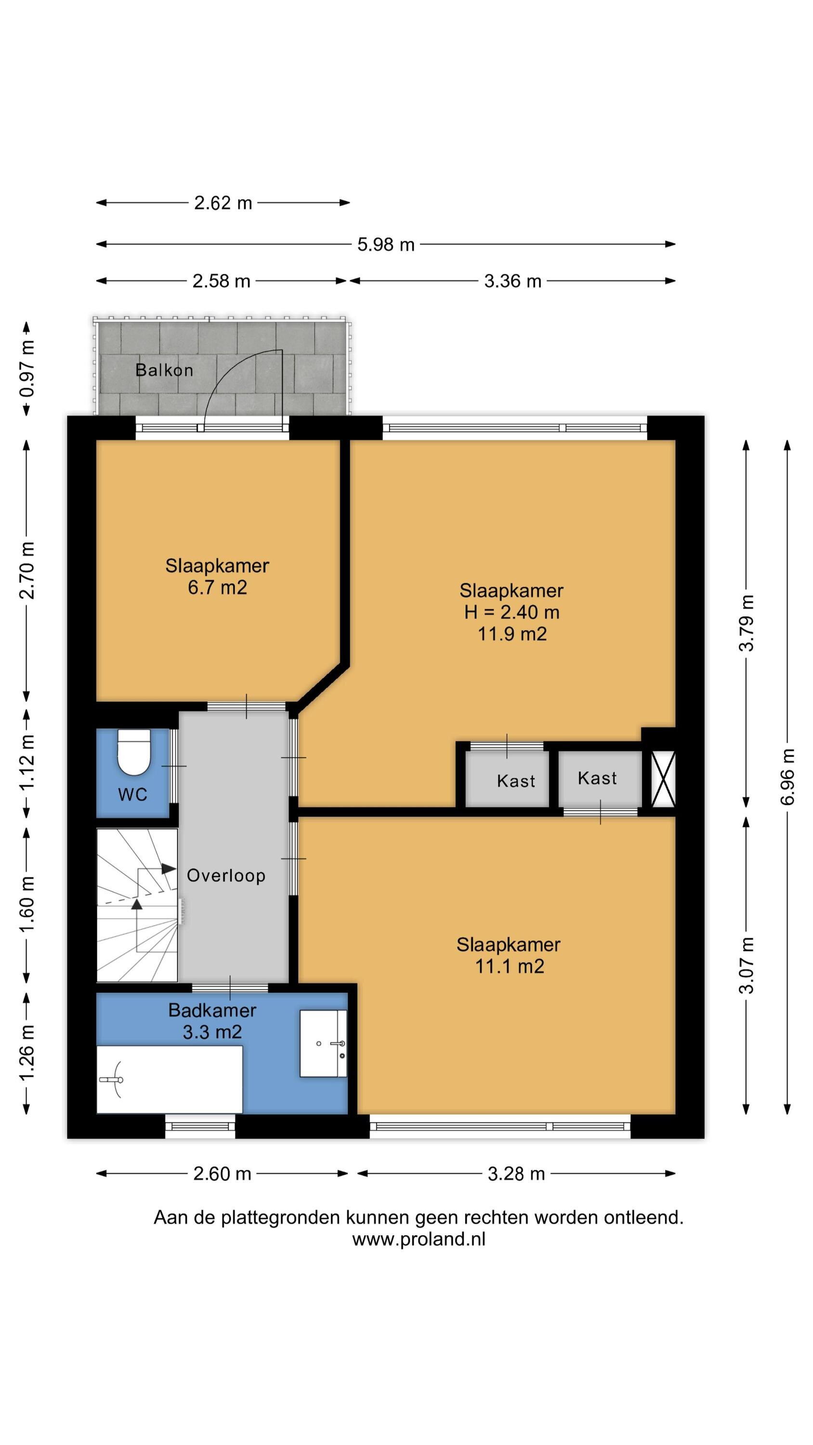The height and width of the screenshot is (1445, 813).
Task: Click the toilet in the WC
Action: [133, 751]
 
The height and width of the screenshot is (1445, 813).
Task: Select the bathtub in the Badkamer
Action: [170, 1080]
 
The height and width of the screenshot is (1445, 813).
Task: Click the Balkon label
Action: [164, 370]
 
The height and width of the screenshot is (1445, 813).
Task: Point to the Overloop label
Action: [226, 875]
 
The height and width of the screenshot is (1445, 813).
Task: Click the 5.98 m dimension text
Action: [386, 245]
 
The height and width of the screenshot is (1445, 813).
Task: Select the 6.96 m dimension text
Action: [788, 777]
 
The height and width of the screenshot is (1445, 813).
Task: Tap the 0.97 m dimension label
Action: [27, 368]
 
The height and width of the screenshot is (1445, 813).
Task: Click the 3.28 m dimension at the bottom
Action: [516, 1174]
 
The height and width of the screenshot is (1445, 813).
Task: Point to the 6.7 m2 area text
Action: [218, 587]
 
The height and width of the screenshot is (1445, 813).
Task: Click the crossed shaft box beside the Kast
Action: [663, 780]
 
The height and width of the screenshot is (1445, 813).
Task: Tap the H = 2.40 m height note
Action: [511, 612]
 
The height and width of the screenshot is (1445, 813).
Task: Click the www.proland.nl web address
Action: [419, 1239]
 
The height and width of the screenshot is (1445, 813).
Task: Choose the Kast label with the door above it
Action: [516, 781]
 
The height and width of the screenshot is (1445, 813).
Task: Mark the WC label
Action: [133, 794]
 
